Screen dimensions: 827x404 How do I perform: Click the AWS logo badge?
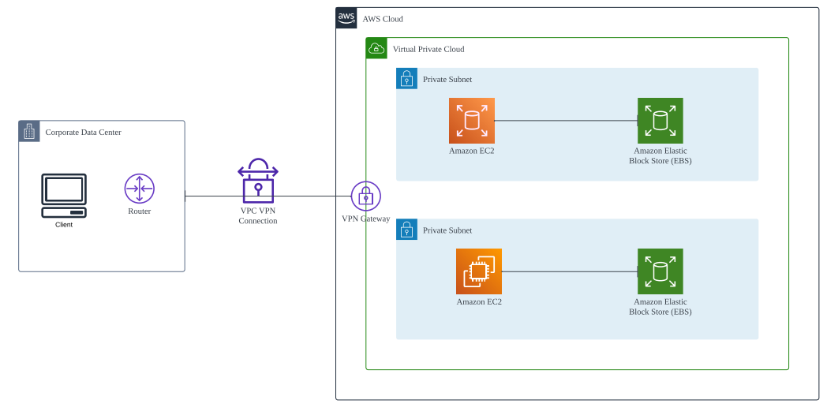[x=346, y=18]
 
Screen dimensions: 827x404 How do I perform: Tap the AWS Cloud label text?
[x=383, y=19]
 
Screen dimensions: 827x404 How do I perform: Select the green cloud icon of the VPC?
[x=376, y=48]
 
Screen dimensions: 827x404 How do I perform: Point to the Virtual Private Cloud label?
[x=428, y=49]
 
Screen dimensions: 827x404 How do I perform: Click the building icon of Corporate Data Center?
[x=29, y=131]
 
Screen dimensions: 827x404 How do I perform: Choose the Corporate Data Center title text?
[x=84, y=133]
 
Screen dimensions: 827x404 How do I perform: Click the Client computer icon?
[x=64, y=196]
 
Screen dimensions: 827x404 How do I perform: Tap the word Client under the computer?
[x=64, y=225]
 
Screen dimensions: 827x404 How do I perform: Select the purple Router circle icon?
[x=139, y=189]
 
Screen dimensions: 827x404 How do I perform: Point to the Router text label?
[x=139, y=211]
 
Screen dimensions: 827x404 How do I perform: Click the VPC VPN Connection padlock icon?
[x=258, y=181]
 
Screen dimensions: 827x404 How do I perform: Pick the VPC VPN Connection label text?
[x=258, y=216]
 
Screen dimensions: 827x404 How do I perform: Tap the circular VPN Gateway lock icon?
[x=365, y=196]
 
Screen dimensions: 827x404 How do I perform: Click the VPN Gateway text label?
[x=366, y=219]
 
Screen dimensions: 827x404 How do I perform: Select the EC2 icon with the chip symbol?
[x=479, y=271]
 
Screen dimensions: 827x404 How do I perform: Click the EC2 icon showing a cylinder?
[x=472, y=120]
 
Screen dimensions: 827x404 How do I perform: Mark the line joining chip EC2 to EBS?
[x=570, y=271]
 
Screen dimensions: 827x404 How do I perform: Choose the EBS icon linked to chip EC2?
[x=660, y=271]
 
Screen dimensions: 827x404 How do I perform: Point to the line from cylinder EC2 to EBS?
[x=566, y=121]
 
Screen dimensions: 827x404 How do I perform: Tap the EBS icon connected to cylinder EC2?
[x=660, y=120]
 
